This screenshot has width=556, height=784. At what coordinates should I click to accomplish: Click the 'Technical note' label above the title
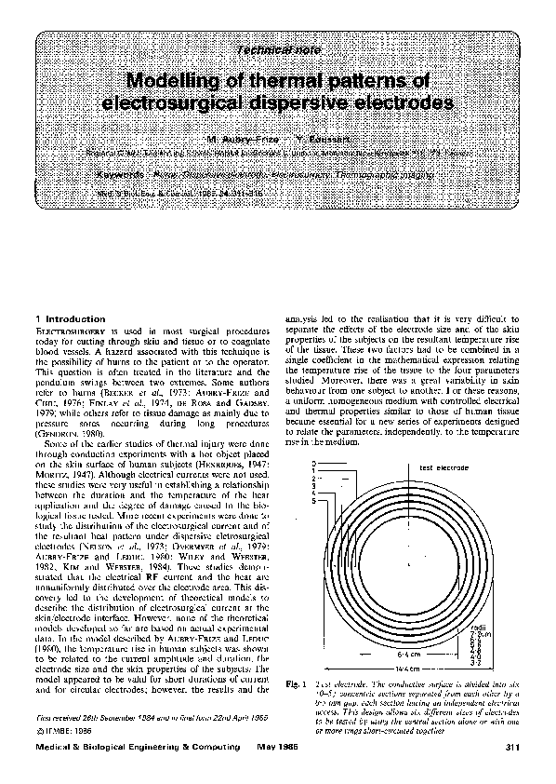coord(278,47)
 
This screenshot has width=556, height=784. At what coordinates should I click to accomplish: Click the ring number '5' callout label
coord(314,501)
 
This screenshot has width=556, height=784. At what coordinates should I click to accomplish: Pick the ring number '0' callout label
coord(314,463)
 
